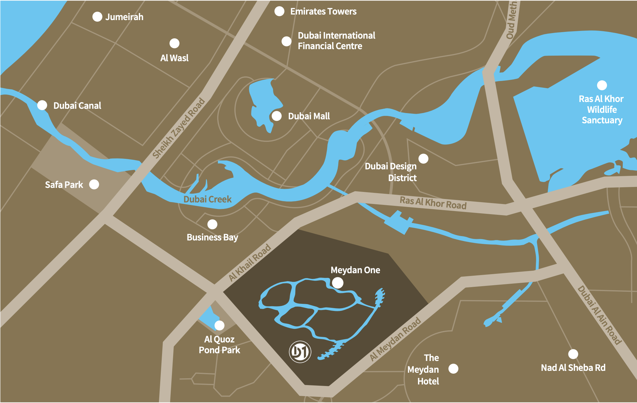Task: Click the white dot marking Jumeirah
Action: point(97,17)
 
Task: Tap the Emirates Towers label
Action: point(323,11)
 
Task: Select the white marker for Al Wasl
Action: point(174,43)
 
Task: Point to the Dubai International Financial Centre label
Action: point(336,40)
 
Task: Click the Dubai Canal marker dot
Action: point(42,105)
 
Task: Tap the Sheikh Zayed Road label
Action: point(179,128)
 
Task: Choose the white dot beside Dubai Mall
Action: point(276,116)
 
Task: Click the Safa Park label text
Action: point(64,185)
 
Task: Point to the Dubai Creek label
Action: point(207,199)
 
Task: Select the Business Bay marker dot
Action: point(212,224)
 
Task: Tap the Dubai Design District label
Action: point(391,172)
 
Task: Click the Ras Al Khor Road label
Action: point(433,203)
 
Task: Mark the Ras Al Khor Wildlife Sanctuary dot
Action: point(602,85)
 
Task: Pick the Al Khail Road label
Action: point(250,262)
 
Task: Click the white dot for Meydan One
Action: point(337,282)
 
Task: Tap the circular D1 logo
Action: point(300,352)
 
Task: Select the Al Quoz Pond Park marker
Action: point(219,325)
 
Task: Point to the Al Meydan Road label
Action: point(395,339)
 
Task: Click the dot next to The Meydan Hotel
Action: point(453,368)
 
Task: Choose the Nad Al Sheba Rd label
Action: point(573,367)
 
